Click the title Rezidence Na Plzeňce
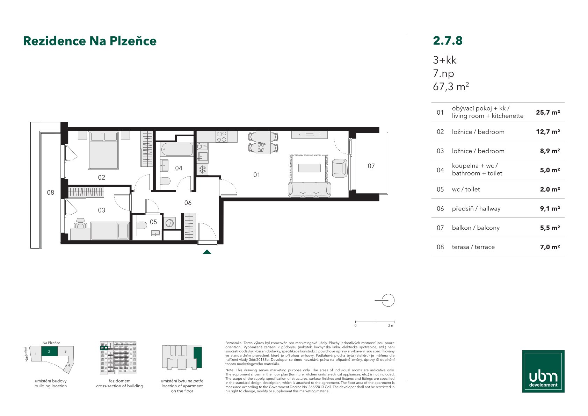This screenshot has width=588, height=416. (90, 41)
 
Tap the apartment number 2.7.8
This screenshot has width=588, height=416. (448, 41)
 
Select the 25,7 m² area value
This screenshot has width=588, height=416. (548, 113)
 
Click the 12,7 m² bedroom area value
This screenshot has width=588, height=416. (548, 131)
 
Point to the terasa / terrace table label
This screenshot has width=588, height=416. (473, 247)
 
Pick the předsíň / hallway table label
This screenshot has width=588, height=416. (476, 209)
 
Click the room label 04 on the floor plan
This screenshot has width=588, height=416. (179, 168)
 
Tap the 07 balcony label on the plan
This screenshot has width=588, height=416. (371, 166)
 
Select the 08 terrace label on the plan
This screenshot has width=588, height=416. (50, 193)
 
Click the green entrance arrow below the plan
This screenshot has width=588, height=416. (207, 252)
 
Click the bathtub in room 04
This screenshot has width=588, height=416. (177, 149)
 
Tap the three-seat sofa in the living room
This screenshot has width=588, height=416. (309, 189)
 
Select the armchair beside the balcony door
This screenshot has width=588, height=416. (340, 168)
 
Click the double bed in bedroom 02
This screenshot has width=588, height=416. (104, 150)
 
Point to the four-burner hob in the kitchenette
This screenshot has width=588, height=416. (222, 137)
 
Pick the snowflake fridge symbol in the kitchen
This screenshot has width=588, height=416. (202, 170)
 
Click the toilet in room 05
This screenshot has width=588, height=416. (142, 225)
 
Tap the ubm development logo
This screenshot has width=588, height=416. (543, 371)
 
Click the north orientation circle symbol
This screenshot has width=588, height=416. (388, 300)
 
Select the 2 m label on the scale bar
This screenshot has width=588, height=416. (391, 325)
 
